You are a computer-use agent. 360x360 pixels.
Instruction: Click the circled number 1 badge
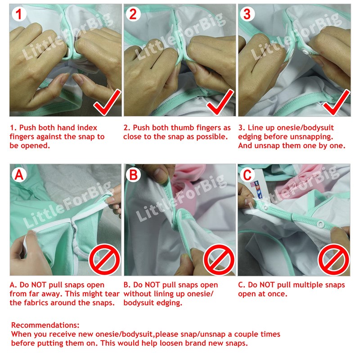[x=19, y=14]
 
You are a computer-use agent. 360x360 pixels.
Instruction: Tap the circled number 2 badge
[x=133, y=14]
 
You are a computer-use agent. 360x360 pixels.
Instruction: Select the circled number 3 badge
[x=247, y=14]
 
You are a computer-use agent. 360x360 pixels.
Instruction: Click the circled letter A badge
[x=19, y=175]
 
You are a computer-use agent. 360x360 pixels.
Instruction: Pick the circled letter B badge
[x=133, y=175]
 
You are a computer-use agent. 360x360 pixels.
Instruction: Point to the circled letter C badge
[x=247, y=175]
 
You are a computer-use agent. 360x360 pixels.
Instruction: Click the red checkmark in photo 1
[x=107, y=103]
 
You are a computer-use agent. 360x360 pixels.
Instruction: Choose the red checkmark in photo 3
[x=336, y=103]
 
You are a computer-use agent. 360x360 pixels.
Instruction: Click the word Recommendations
[x=45, y=325]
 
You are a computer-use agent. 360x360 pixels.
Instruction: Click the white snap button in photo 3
[x=306, y=52]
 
